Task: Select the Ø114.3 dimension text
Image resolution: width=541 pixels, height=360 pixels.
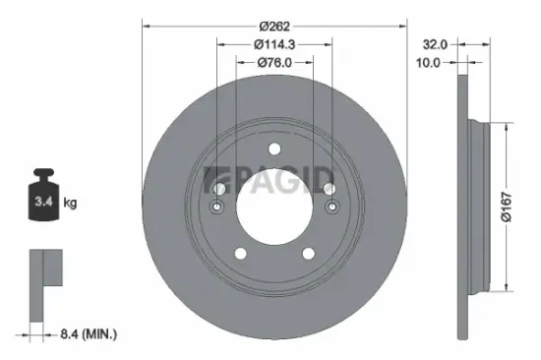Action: (x=274, y=44)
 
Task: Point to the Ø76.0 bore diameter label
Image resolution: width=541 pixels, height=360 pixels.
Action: (x=274, y=63)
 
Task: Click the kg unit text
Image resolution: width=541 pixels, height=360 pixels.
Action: (x=70, y=204)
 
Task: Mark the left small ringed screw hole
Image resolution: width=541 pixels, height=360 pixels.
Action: (x=218, y=207)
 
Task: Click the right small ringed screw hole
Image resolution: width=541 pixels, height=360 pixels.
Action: (x=331, y=207)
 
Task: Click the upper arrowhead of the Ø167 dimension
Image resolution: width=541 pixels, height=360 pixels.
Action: (x=507, y=128)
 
